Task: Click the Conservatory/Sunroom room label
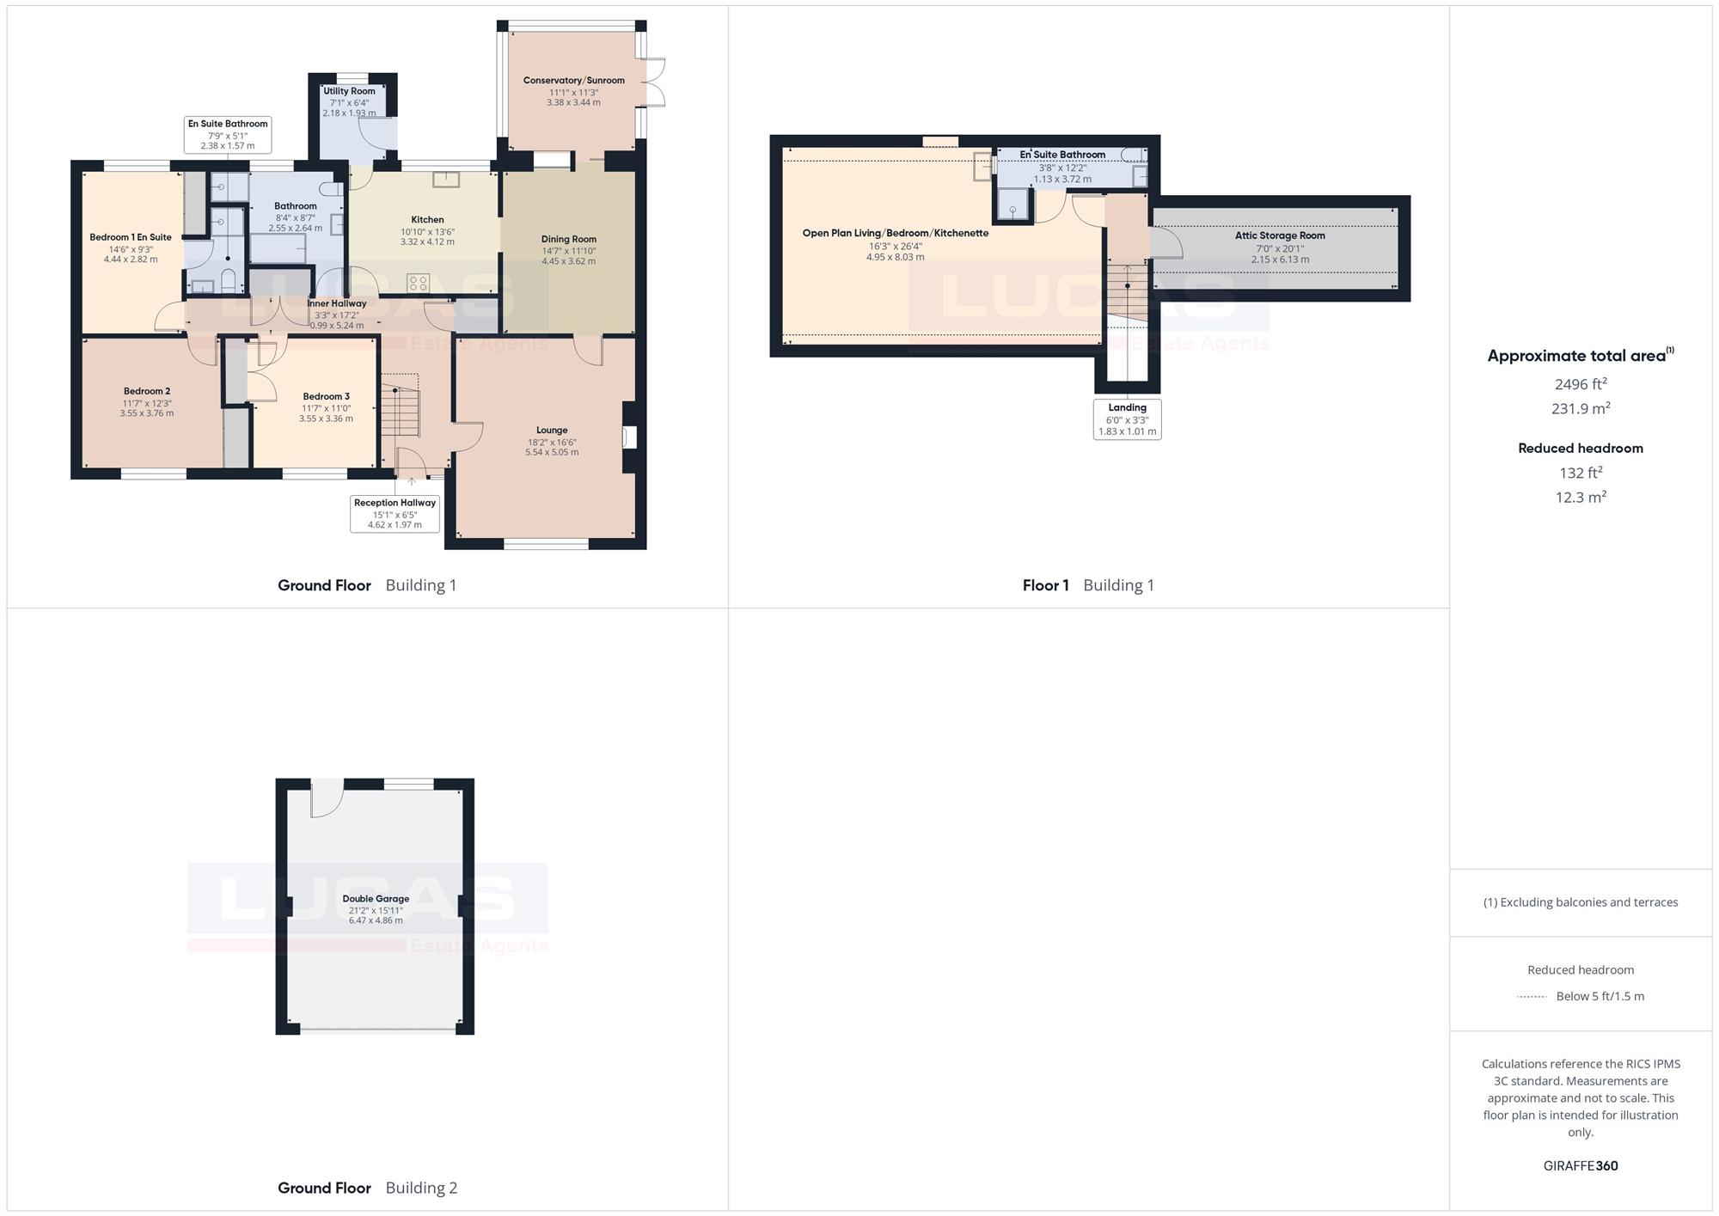tap(574, 81)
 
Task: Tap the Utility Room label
tap(349, 91)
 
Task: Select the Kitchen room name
tap(427, 220)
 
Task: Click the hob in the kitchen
tap(419, 283)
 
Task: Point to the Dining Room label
tap(569, 240)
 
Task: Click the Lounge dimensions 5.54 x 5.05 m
tap(552, 452)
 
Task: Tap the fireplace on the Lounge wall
tap(630, 437)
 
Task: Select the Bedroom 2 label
tap(147, 392)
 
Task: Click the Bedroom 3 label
tap(327, 397)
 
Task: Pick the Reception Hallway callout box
tap(395, 514)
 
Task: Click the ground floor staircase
tap(400, 405)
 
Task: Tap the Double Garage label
tap(376, 899)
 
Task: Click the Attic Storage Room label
tap(1280, 235)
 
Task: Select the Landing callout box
tap(1128, 419)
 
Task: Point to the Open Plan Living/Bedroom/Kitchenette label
tap(896, 233)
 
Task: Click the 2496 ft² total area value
tap(1581, 384)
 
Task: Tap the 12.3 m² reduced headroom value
tap(1581, 497)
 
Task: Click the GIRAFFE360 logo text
tap(1581, 1166)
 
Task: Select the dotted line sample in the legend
tap(1532, 997)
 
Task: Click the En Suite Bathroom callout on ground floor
tap(228, 135)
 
